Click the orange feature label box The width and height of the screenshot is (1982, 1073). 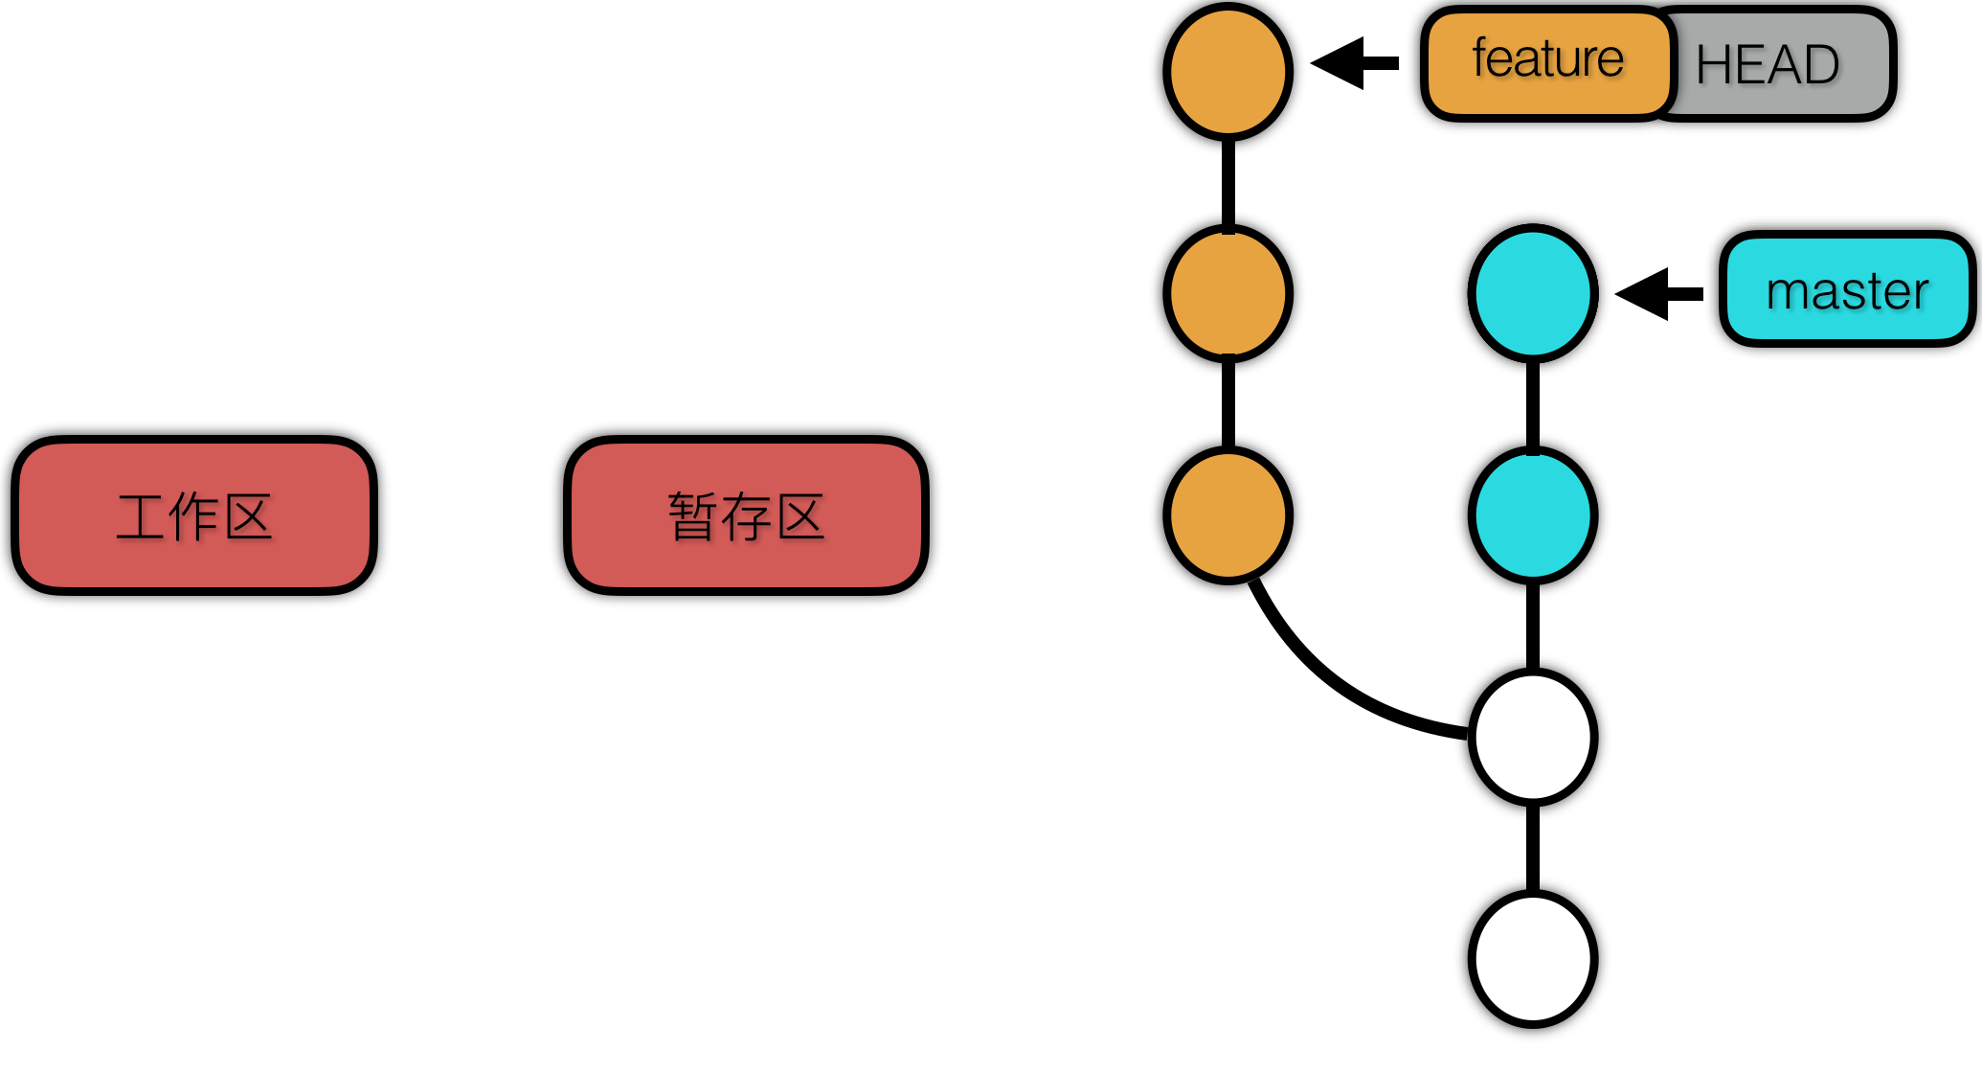1546,63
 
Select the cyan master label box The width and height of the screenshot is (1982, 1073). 1847,290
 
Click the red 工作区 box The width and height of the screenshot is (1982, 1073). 194,516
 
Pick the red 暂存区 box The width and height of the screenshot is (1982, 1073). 746,516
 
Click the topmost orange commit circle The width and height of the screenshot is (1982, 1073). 1228,71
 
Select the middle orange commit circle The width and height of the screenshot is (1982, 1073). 1228,293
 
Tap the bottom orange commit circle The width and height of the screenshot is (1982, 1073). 1228,515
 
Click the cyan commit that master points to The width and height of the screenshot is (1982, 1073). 1533,293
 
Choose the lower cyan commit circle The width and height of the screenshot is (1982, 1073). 1533,515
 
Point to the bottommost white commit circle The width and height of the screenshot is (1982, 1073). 1533,959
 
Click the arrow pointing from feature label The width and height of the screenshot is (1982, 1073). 1355,63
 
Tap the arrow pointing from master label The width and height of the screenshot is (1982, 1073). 1659,293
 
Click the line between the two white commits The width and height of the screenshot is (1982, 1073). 1533,848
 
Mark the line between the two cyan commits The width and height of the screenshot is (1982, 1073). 1533,404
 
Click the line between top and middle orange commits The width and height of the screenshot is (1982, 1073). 1228,182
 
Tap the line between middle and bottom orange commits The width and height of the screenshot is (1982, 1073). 1228,404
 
